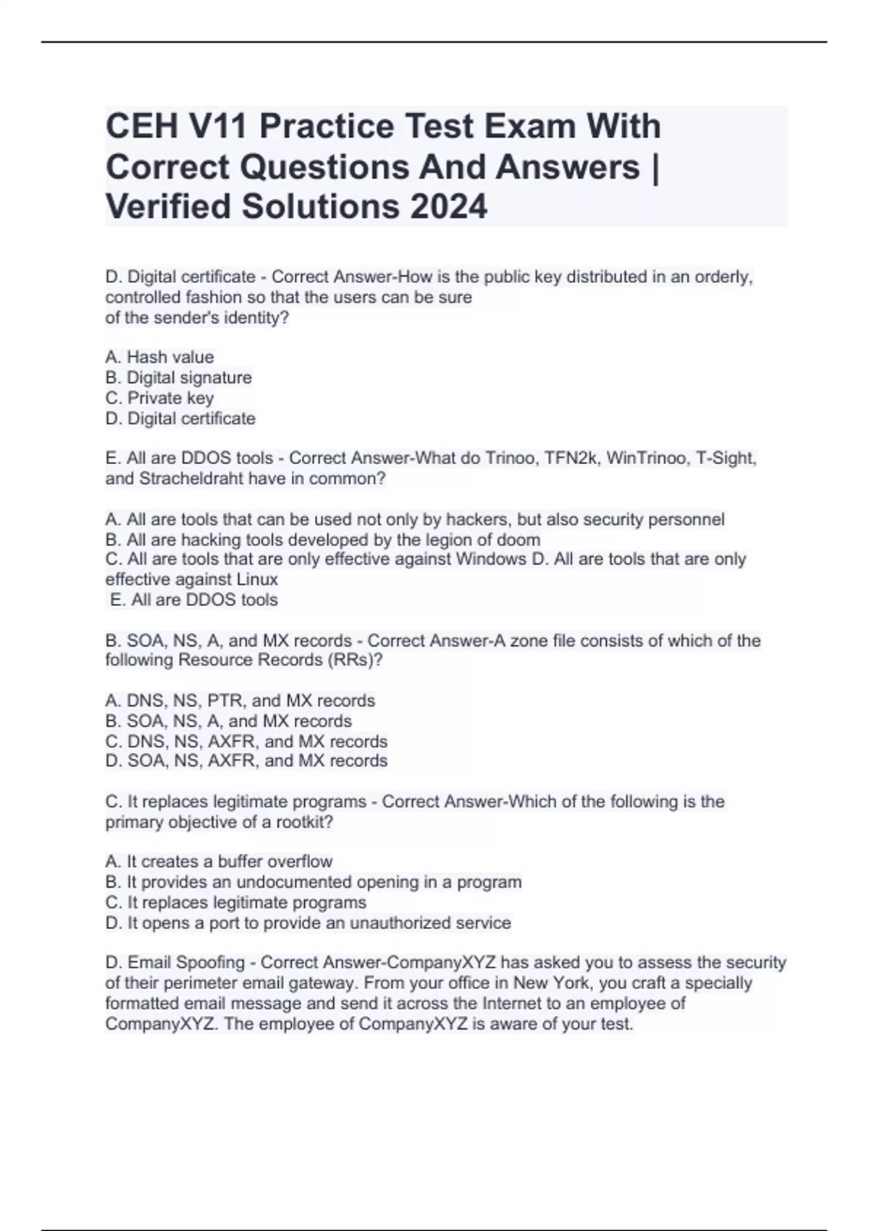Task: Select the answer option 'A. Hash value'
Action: coord(159,357)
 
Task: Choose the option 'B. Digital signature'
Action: coord(178,377)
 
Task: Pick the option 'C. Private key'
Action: coord(159,398)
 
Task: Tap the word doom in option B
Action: coord(521,539)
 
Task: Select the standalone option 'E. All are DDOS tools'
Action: coord(193,600)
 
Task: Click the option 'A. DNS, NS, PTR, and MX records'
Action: coord(240,700)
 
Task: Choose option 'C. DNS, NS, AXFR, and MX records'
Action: coord(246,741)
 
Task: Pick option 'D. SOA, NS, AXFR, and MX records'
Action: coord(246,761)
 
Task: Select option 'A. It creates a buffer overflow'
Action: coord(219,862)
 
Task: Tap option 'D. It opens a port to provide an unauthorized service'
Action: coord(308,923)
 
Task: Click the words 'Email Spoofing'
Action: coord(186,962)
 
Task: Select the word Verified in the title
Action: coord(169,206)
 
